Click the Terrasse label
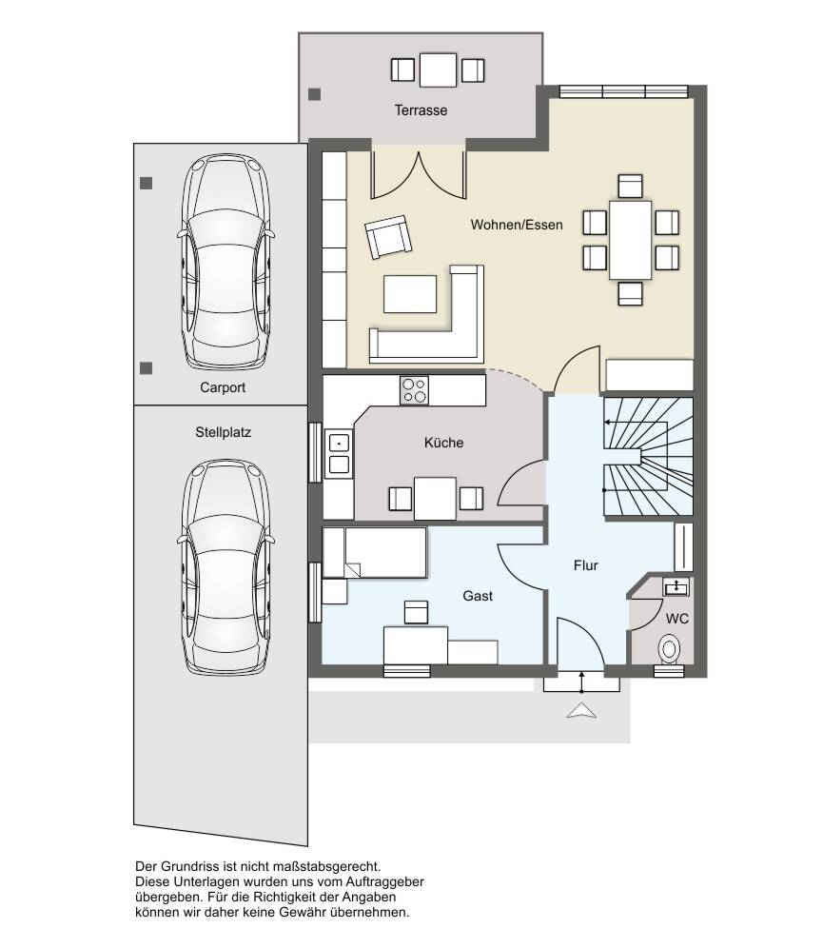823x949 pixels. pyautogui.click(x=421, y=110)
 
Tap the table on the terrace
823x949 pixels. pyautogui.click(x=438, y=70)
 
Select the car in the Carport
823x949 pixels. pyautogui.click(x=225, y=262)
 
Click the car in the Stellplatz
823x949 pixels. pyautogui.click(x=225, y=567)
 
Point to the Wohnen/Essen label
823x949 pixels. pyautogui.click(x=517, y=225)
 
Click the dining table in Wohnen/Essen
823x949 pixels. pyautogui.click(x=631, y=240)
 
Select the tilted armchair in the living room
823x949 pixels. pyautogui.click(x=388, y=237)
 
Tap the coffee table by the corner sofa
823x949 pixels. pyautogui.click(x=410, y=294)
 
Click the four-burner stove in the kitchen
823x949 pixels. pyautogui.click(x=414, y=390)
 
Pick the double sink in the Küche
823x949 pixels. pyautogui.click(x=339, y=454)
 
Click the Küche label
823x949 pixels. pyautogui.click(x=443, y=443)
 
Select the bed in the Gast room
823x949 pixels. pyautogui.click(x=375, y=552)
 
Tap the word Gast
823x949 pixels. pyautogui.click(x=478, y=596)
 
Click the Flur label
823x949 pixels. pyautogui.click(x=586, y=565)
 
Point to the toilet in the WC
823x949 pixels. pyautogui.click(x=669, y=649)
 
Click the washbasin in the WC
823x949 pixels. pyautogui.click(x=676, y=586)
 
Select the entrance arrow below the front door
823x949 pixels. pyautogui.click(x=581, y=710)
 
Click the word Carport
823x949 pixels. pyautogui.click(x=223, y=387)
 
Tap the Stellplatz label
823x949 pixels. pyautogui.click(x=223, y=432)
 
